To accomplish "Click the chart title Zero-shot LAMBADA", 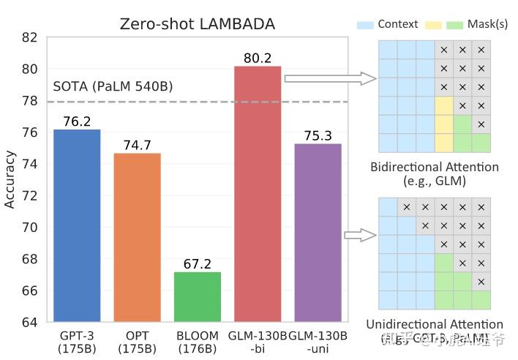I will point(198,24).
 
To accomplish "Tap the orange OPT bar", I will point(137,237).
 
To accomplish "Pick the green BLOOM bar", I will point(198,296).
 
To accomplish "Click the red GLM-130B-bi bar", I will point(258,194).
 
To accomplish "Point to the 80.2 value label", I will point(258,57).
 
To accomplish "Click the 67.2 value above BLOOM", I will point(198,263).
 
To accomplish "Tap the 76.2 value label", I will point(77,121).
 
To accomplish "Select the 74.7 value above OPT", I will point(137,145).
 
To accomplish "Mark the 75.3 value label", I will point(318,135).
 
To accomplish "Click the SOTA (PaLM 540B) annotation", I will point(113,86).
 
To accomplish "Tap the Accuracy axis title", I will point(10,179).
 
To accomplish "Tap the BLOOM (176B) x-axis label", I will point(198,342).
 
